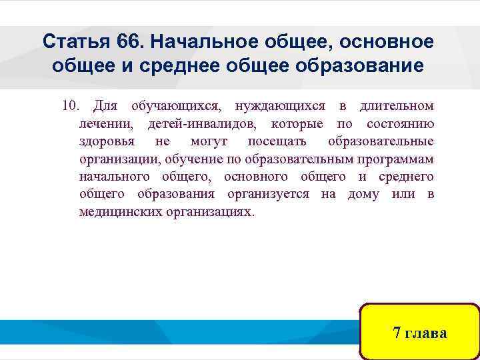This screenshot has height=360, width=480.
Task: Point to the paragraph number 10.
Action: (x=70, y=106)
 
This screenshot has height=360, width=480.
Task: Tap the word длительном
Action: (x=396, y=106)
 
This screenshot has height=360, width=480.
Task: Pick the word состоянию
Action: (x=400, y=124)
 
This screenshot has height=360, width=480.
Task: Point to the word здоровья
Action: (x=107, y=141)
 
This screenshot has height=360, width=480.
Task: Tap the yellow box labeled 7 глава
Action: (x=419, y=332)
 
